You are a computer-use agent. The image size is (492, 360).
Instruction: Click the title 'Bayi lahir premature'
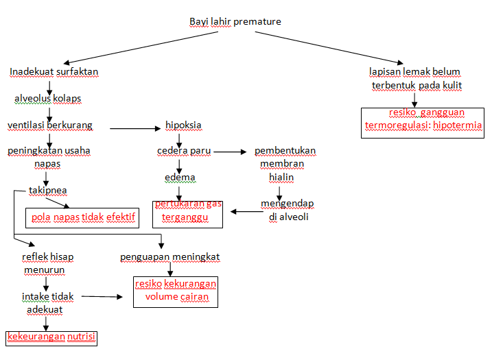(x=235, y=21)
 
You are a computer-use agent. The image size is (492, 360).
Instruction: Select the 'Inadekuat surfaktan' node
(x=54, y=71)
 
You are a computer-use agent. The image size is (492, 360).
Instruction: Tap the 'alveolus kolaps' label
(x=47, y=98)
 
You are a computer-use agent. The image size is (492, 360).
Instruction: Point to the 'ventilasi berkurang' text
(x=49, y=125)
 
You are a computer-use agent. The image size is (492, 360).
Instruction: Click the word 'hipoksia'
(x=183, y=125)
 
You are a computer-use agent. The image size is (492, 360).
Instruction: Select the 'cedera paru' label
(x=184, y=151)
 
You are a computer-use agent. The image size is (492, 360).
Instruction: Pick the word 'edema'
(x=180, y=178)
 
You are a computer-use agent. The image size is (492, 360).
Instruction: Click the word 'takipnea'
(x=47, y=190)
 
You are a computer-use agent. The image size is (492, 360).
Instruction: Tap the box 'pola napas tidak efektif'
(x=82, y=218)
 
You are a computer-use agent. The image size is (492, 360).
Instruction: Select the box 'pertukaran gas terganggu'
(x=188, y=212)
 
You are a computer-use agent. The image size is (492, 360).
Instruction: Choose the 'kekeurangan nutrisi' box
(x=51, y=337)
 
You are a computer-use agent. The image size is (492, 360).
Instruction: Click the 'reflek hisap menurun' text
(x=47, y=263)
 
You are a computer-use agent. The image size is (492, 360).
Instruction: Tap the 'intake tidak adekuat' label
(x=47, y=302)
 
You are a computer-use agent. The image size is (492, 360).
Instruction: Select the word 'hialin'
(x=281, y=177)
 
